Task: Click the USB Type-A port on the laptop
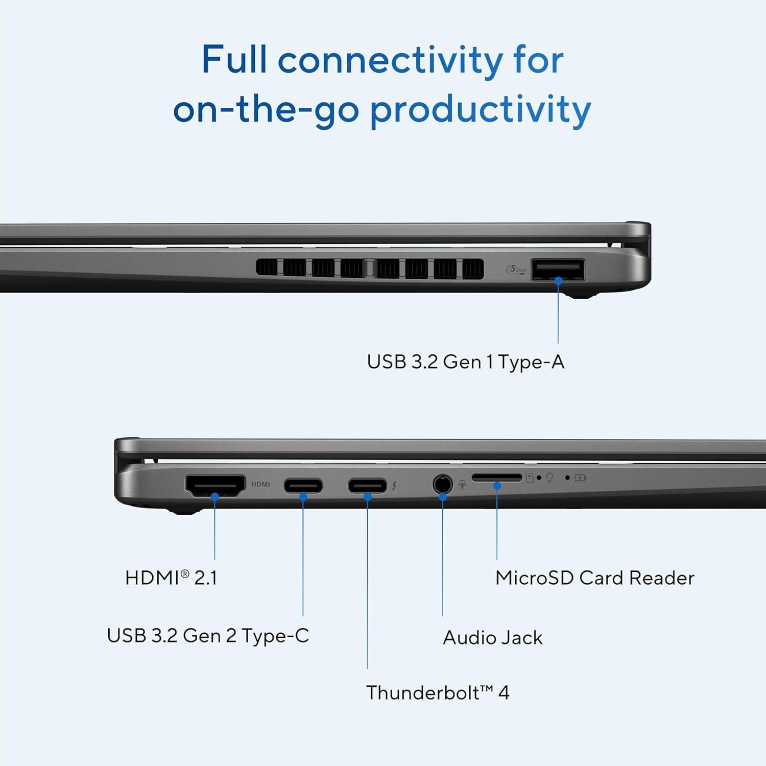(x=558, y=270)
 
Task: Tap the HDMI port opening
(x=215, y=485)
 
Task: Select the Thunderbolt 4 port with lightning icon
(x=367, y=485)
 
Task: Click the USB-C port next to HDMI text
(x=303, y=485)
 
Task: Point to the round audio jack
(x=442, y=484)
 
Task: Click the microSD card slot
(x=497, y=477)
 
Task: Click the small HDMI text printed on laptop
(x=260, y=484)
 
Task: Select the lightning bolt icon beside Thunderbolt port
(x=394, y=486)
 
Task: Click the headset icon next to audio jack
(x=462, y=485)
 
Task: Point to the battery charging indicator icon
(x=580, y=478)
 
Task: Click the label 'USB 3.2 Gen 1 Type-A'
(x=465, y=362)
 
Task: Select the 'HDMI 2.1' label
(x=171, y=578)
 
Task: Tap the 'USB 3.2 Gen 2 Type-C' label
(x=208, y=636)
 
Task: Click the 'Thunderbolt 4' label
(x=438, y=693)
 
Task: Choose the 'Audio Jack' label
(x=492, y=637)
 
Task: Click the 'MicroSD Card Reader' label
(x=594, y=578)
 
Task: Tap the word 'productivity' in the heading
(x=480, y=110)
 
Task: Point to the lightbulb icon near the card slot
(x=549, y=477)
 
